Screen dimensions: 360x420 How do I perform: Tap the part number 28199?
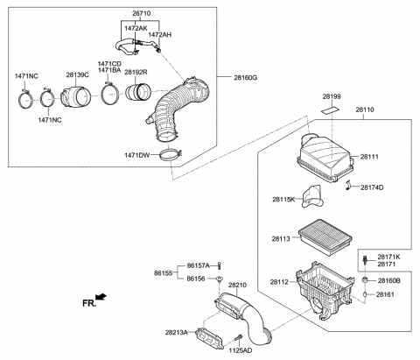332,95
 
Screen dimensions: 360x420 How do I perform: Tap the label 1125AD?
241,350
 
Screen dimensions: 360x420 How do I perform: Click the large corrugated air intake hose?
179,109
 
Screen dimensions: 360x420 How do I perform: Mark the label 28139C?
77,74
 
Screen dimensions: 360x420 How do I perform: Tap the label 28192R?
136,73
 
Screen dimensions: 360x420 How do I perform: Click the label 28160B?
388,280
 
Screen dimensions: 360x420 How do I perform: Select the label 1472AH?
160,34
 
